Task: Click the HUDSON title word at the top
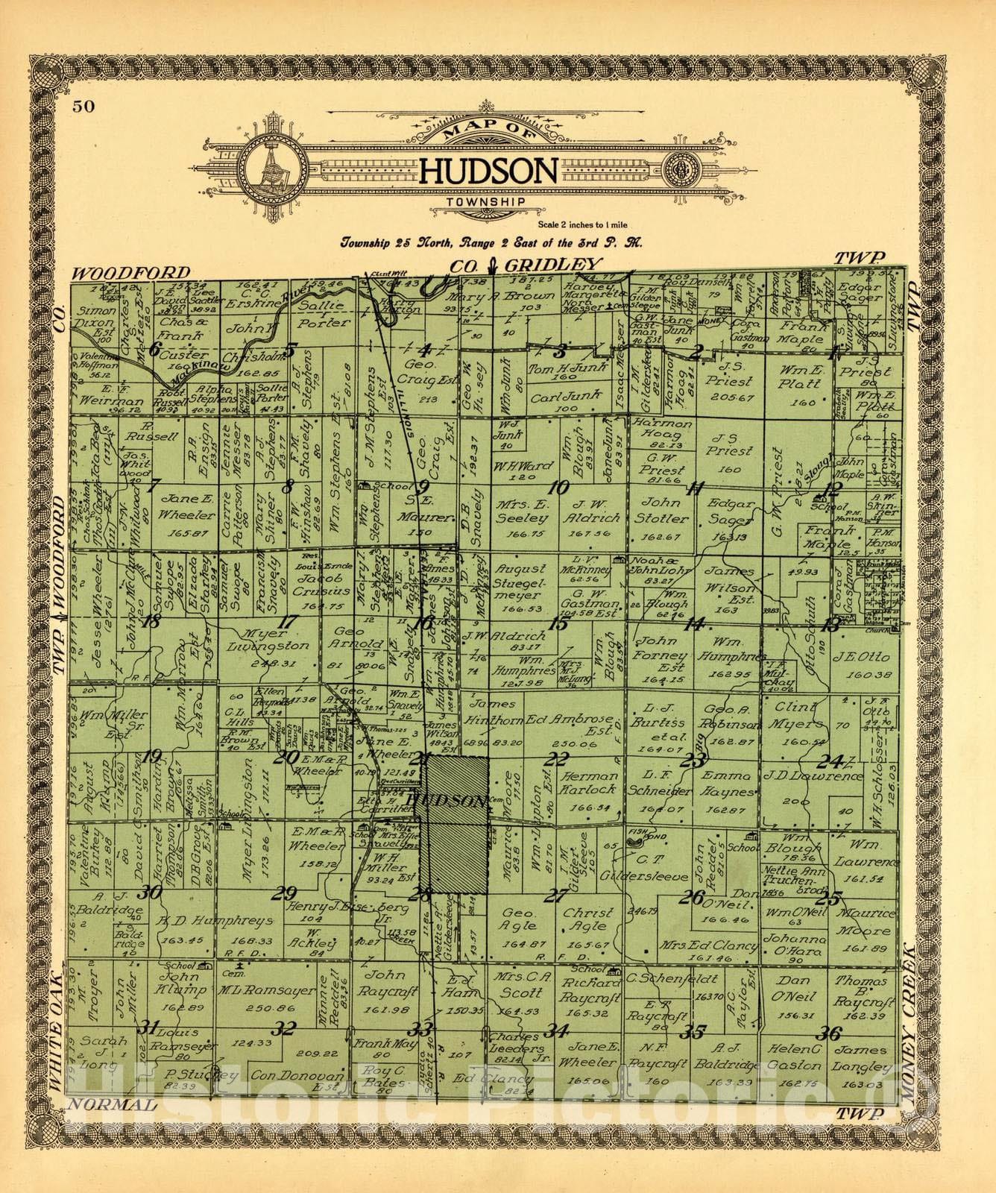tap(489, 171)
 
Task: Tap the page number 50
tap(83, 106)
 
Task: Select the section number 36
tap(829, 1033)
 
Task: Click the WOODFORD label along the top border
tap(131, 274)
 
